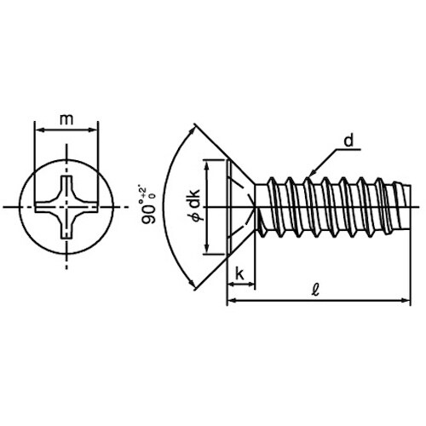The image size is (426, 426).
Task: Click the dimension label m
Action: (x=66, y=119)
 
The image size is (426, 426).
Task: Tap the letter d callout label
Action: (x=348, y=141)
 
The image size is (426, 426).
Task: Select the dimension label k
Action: (x=239, y=274)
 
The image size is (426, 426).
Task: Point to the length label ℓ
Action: (x=315, y=290)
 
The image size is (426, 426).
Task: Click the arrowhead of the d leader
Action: (x=312, y=173)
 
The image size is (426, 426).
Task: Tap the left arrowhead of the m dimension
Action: (x=39, y=130)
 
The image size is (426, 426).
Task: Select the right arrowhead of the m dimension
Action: (x=94, y=130)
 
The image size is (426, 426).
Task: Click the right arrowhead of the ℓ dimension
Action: (x=406, y=300)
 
